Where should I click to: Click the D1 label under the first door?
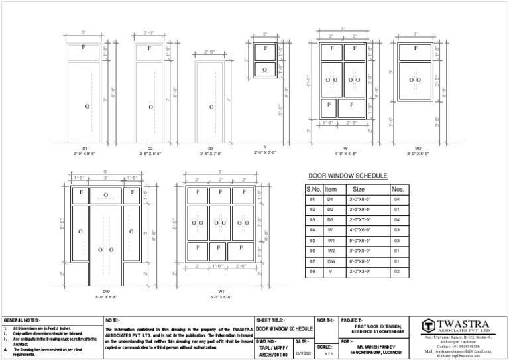pyautogui.click(x=85, y=148)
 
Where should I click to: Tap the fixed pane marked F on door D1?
pyautogui.click(x=84, y=48)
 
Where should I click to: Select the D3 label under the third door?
pyautogui.click(x=211, y=148)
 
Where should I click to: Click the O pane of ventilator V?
pyautogui.click(x=265, y=69)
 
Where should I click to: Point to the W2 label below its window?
pyautogui.click(x=417, y=148)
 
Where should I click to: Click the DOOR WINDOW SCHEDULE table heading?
pyautogui.click(x=348, y=176)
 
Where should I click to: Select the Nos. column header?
pyautogui.click(x=398, y=189)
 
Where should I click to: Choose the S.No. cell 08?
pyautogui.click(x=311, y=271)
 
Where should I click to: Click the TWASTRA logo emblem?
pyautogui.click(x=430, y=326)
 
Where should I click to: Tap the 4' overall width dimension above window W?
pyautogui.click(x=343, y=28)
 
